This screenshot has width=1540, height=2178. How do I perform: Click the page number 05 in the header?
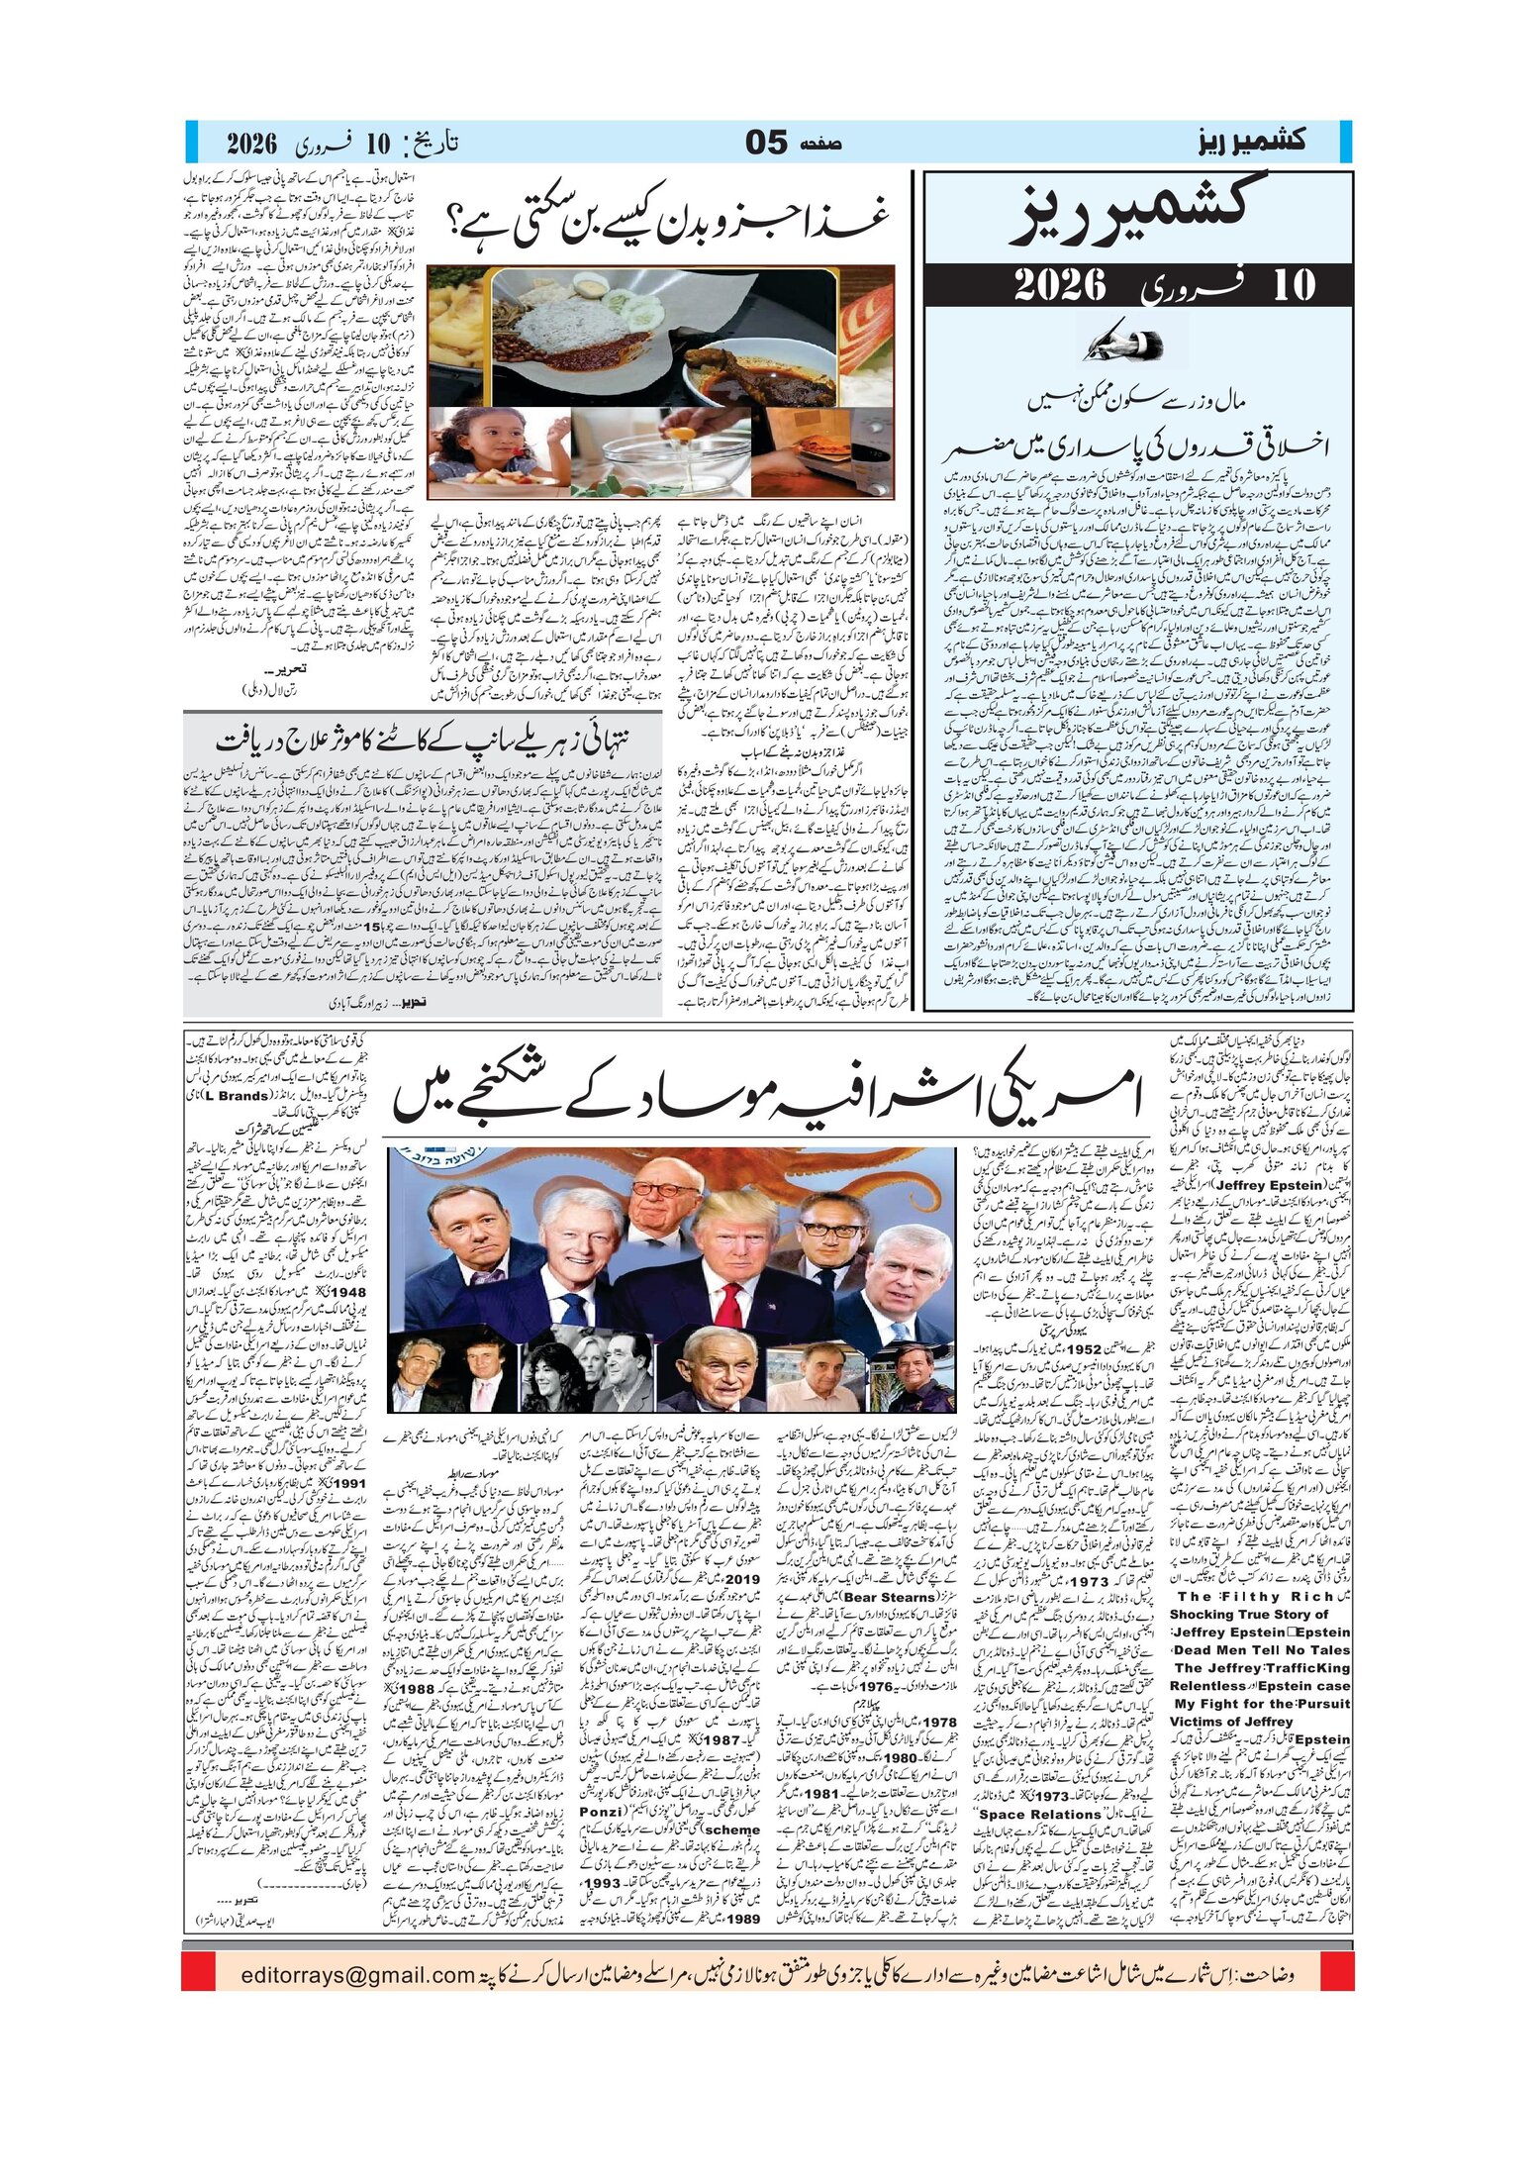tap(765, 143)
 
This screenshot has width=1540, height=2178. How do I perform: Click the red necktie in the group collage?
tap(729, 1298)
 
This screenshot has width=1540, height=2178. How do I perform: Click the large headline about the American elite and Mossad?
tap(767, 1095)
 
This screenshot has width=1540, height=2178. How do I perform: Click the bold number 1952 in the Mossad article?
tap(1078, 1349)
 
